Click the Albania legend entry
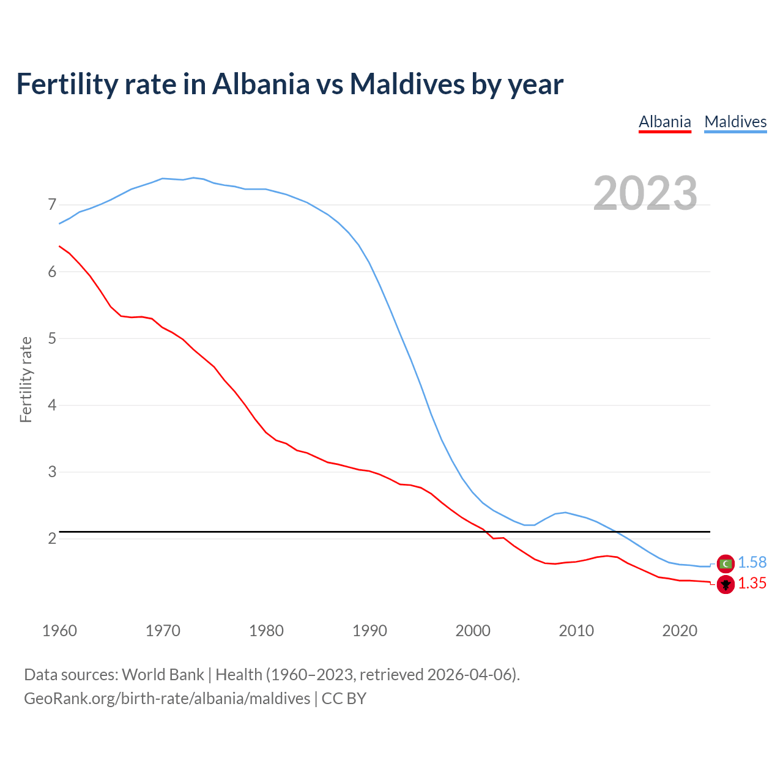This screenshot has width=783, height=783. pos(664,122)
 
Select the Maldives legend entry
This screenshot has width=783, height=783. pos(735,122)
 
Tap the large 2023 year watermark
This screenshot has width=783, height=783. pos(645,193)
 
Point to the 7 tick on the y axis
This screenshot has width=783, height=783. pos(52,204)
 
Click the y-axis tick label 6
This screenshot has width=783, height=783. pos(52,272)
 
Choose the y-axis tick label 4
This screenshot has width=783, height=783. pos(52,405)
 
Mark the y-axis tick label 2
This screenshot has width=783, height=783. pos(52,538)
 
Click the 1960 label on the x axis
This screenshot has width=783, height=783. pos(59,631)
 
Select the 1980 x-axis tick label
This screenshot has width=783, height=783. pos(266,631)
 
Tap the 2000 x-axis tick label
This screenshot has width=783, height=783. pos(473,631)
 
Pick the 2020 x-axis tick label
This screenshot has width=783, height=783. pos(680,631)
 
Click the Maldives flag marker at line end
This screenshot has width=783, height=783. pos(725,563)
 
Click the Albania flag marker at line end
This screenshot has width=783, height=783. pos(725,584)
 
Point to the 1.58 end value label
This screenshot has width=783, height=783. pos(752,563)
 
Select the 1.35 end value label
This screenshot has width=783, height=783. pos(752,584)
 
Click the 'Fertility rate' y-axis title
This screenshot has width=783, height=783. pos(26,379)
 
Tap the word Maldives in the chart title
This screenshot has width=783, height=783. pos(407,84)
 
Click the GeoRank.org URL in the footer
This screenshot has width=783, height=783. pos(167,699)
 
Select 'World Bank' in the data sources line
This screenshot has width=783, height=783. pos(163,675)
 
